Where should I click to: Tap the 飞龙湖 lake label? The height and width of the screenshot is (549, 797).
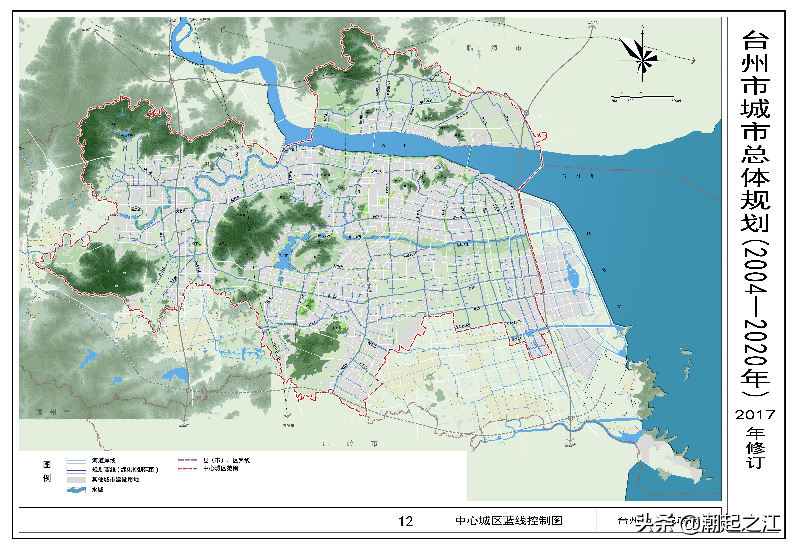[x=284, y=256]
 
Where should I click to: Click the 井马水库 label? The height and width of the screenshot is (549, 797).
[x=324, y=235]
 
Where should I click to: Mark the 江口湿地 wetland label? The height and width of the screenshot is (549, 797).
[x=291, y=149]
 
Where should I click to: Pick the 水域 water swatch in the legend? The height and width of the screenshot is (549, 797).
[x=76, y=490]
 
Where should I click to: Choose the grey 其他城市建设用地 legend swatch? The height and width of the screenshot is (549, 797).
[x=76, y=479]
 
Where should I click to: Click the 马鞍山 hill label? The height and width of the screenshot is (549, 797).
[x=209, y=163]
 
